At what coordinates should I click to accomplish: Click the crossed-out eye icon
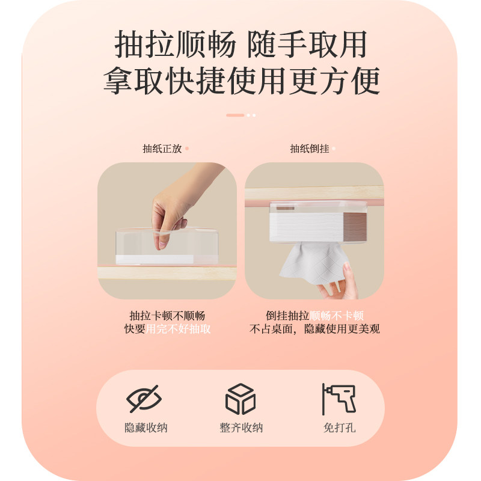pos(144,399)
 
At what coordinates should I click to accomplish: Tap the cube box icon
pos(240,399)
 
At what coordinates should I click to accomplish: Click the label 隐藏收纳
pos(146,428)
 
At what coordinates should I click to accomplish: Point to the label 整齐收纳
pos(241,428)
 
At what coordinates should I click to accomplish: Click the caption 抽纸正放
pos(162,149)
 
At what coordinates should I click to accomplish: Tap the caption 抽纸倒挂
pos(310,149)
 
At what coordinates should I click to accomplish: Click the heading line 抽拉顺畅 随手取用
pos(240,46)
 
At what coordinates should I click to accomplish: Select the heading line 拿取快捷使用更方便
pos(240,81)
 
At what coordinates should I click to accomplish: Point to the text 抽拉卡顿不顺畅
pos(167,316)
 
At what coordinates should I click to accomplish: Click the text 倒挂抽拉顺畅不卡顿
pos(314,316)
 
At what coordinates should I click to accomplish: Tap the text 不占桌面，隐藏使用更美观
pos(314,329)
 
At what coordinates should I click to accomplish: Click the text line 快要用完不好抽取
pos(167,329)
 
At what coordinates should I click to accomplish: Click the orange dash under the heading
pos(234,115)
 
